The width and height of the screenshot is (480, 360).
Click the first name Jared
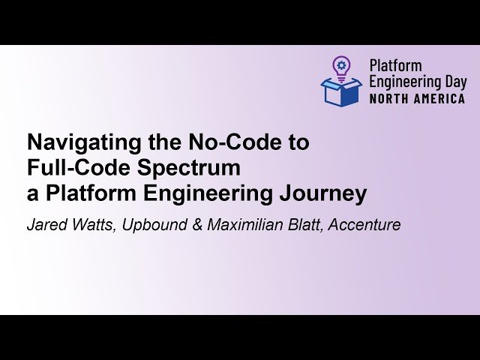tap(46, 224)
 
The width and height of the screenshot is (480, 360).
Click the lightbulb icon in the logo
tap(341, 66)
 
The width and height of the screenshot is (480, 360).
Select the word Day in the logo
tap(453, 82)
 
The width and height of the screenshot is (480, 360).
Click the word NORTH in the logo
tap(388, 98)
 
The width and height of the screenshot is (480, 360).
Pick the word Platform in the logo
tap(395, 66)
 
